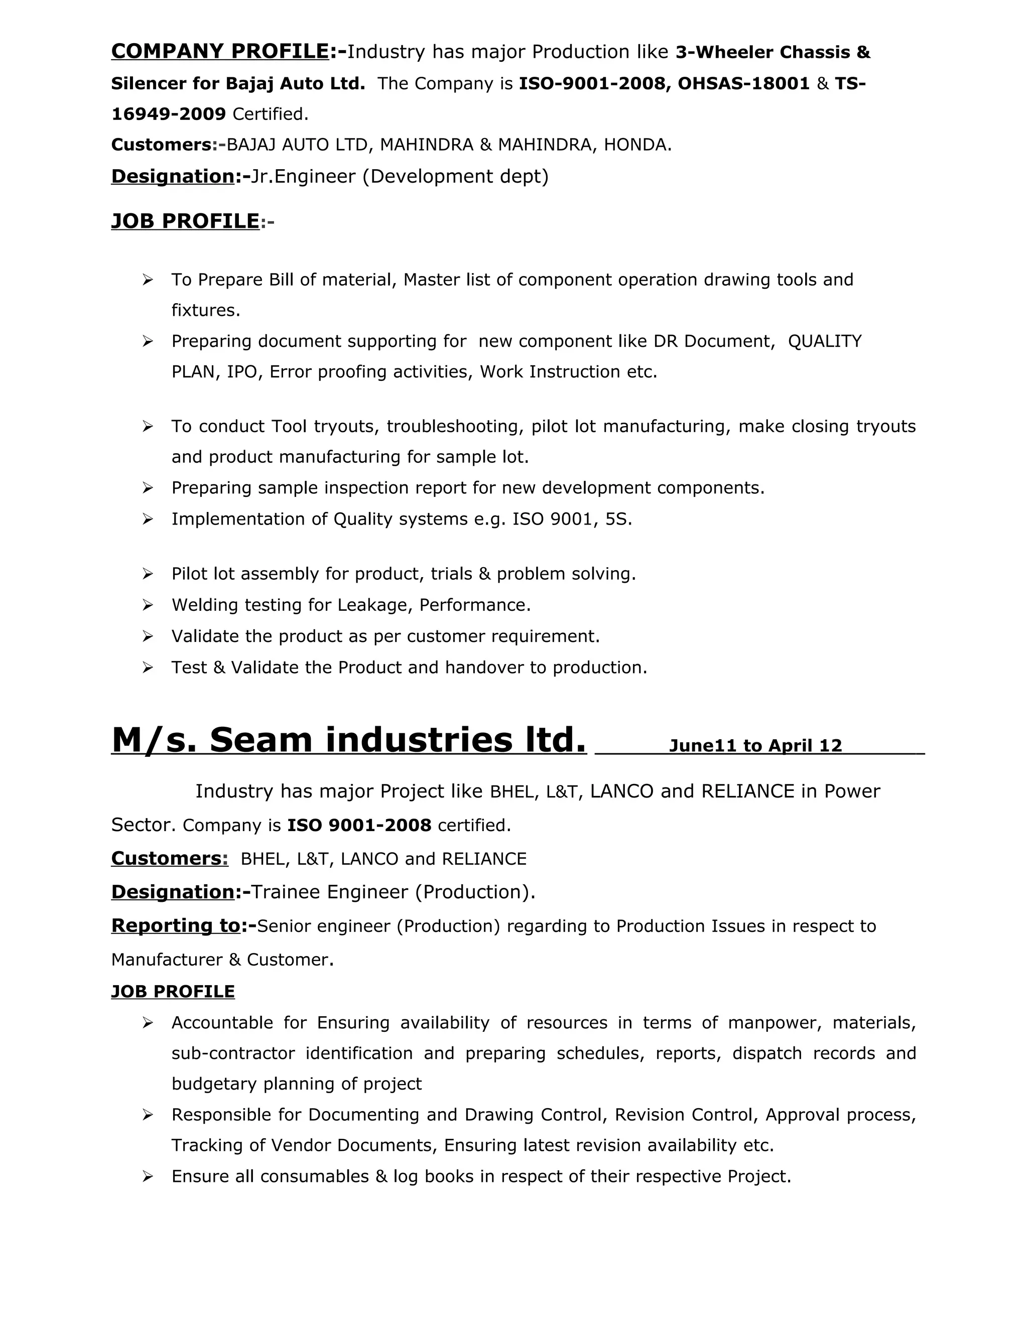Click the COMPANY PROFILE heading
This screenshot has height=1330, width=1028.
(220, 52)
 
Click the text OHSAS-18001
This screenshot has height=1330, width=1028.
(743, 83)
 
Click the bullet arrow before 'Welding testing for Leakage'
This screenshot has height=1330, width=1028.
(148, 605)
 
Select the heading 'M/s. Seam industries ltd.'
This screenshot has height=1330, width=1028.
(348, 740)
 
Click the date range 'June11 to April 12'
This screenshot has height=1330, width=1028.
(755, 746)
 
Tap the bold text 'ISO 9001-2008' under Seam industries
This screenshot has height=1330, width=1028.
(359, 825)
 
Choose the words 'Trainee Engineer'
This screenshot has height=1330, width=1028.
(329, 892)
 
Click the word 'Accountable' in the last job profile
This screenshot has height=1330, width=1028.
(222, 1022)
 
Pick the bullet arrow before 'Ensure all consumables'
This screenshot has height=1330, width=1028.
(148, 1176)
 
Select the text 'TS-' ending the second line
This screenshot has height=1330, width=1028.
(850, 83)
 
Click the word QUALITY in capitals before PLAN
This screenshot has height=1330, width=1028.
(825, 341)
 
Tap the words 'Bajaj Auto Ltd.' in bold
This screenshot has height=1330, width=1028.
(295, 83)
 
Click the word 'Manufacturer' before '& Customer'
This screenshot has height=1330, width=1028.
(166, 960)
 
